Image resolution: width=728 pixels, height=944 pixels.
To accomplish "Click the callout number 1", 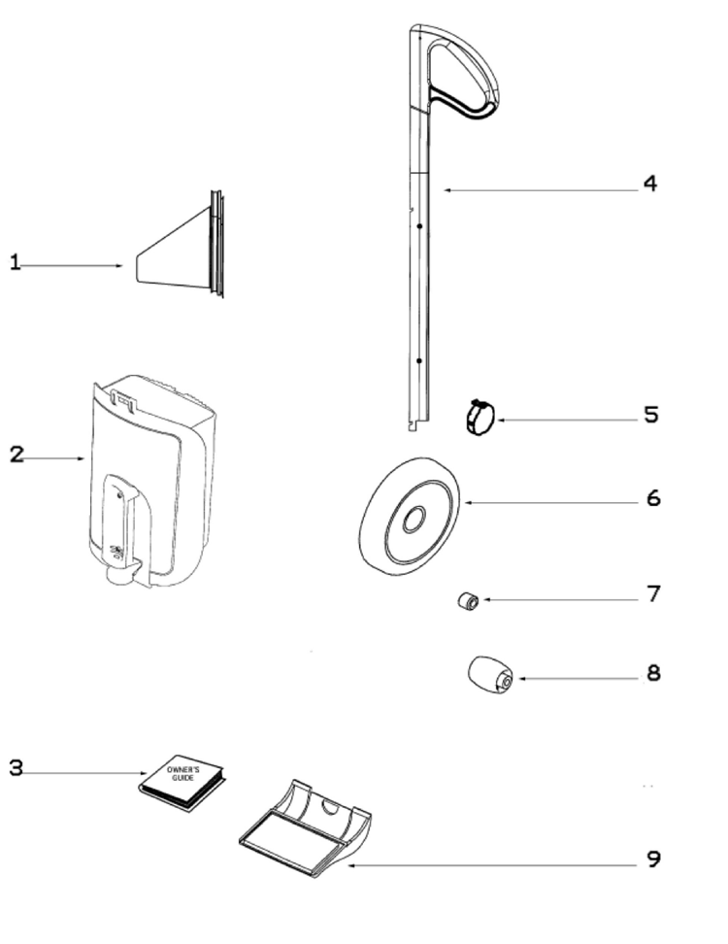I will click(15, 262).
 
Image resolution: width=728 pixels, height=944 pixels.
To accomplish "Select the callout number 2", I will click(17, 454).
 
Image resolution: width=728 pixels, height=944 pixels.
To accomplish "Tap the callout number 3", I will click(16, 767).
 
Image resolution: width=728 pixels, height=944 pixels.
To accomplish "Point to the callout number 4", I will click(649, 183).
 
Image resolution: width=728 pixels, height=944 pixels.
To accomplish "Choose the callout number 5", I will click(650, 415).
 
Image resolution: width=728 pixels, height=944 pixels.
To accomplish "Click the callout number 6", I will click(652, 498).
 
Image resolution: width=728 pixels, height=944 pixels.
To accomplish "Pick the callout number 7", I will click(653, 593).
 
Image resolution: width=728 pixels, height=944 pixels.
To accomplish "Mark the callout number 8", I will click(653, 672).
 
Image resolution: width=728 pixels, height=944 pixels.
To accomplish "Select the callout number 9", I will click(653, 859).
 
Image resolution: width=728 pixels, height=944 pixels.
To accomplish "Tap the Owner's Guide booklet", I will click(182, 780).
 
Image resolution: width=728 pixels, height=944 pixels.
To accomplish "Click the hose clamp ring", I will click(479, 419).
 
